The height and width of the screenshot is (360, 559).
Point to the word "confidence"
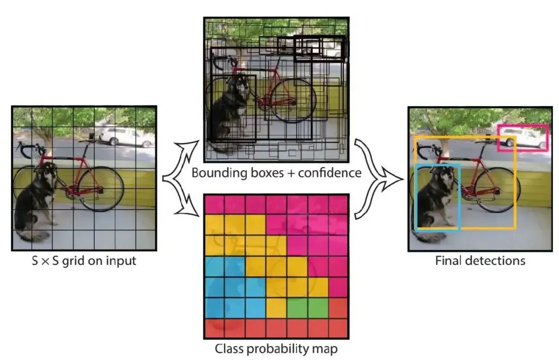coord(328,173)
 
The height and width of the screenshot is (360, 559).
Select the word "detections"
coord(496,260)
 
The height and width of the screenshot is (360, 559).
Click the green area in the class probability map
coord(306,308)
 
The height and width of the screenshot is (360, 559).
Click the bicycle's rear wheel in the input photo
coord(101,189)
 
